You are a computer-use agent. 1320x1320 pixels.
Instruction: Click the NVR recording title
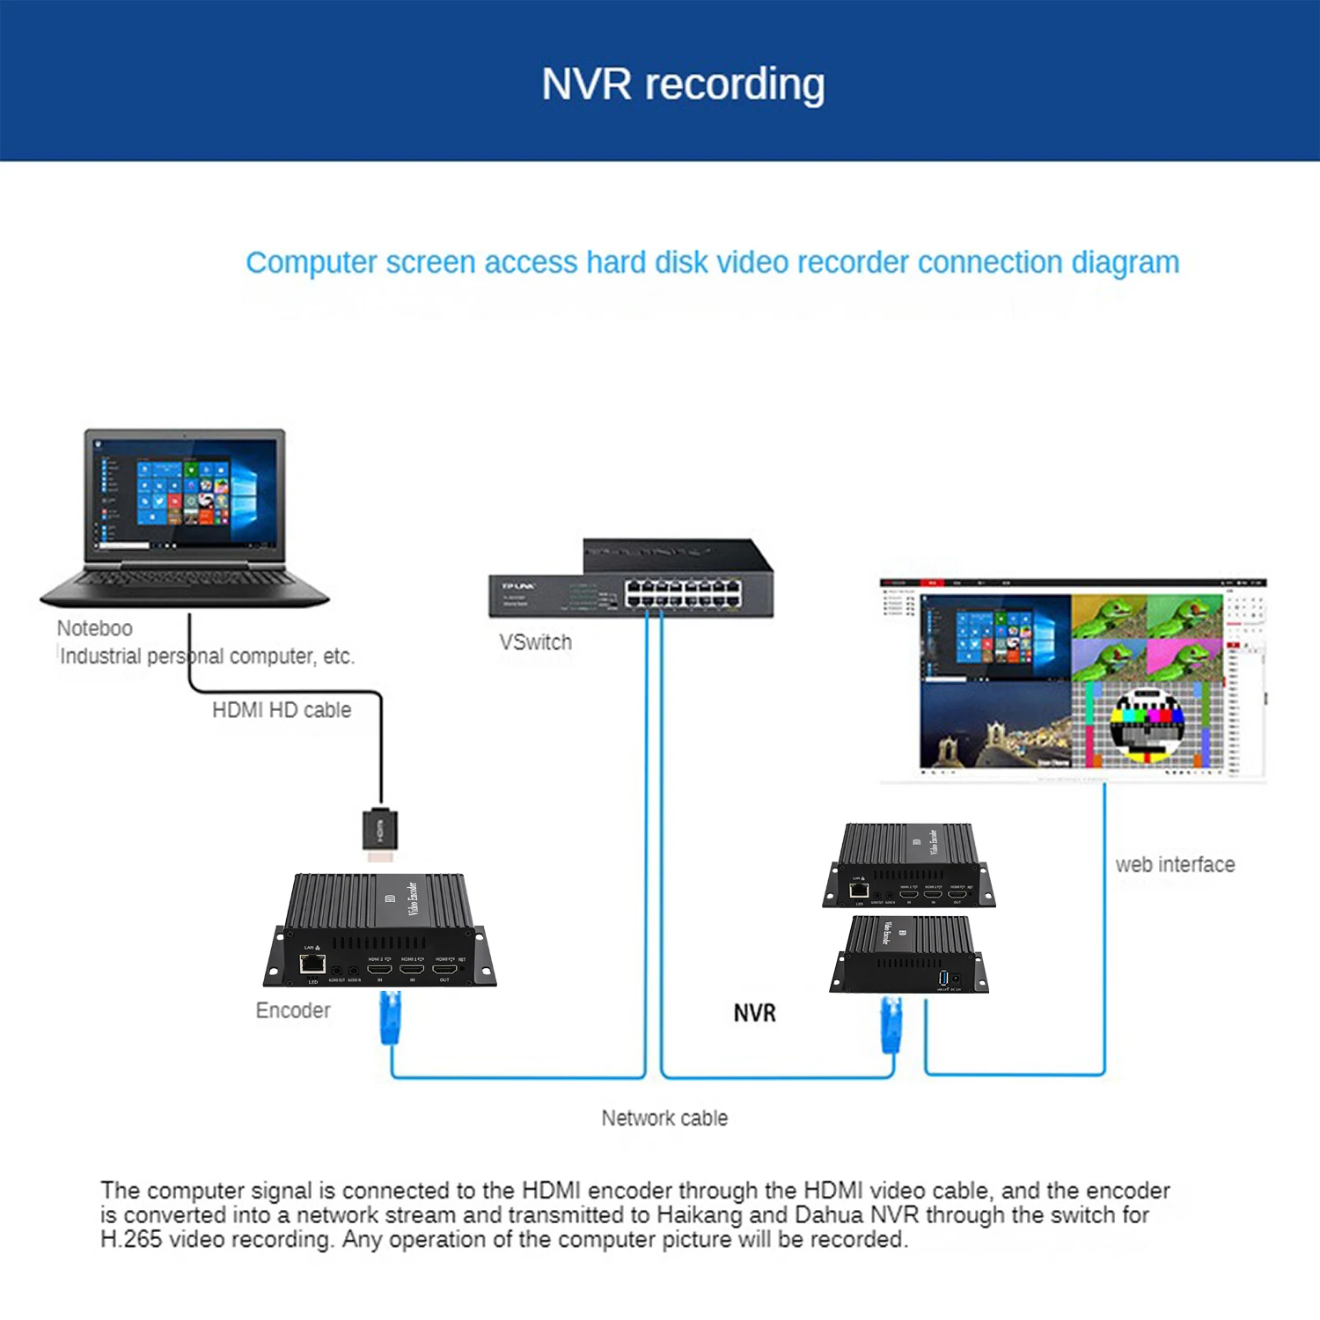pyautogui.click(x=683, y=84)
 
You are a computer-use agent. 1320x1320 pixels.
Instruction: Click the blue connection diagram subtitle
pyautogui.click(x=712, y=262)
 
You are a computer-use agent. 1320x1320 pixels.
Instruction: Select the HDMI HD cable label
pyautogui.click(x=282, y=710)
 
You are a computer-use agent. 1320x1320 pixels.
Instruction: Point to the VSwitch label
pyautogui.click(x=535, y=642)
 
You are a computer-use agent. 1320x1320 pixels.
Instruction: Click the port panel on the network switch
pyautogui.click(x=683, y=593)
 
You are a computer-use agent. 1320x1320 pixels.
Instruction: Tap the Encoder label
pyautogui.click(x=293, y=1010)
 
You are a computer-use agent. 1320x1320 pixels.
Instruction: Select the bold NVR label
pyautogui.click(x=755, y=1013)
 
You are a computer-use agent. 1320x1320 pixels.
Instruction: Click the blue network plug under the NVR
pyautogui.click(x=891, y=1024)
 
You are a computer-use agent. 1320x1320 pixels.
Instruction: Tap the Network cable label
pyautogui.click(x=664, y=1118)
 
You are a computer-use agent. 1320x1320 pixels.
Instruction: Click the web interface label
pyautogui.click(x=1175, y=865)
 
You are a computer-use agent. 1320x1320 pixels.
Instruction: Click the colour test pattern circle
pyautogui.click(x=1148, y=723)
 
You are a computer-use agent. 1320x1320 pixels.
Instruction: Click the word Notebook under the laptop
pyautogui.click(x=95, y=628)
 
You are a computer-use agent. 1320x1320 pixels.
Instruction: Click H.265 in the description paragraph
pyautogui.click(x=131, y=1240)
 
